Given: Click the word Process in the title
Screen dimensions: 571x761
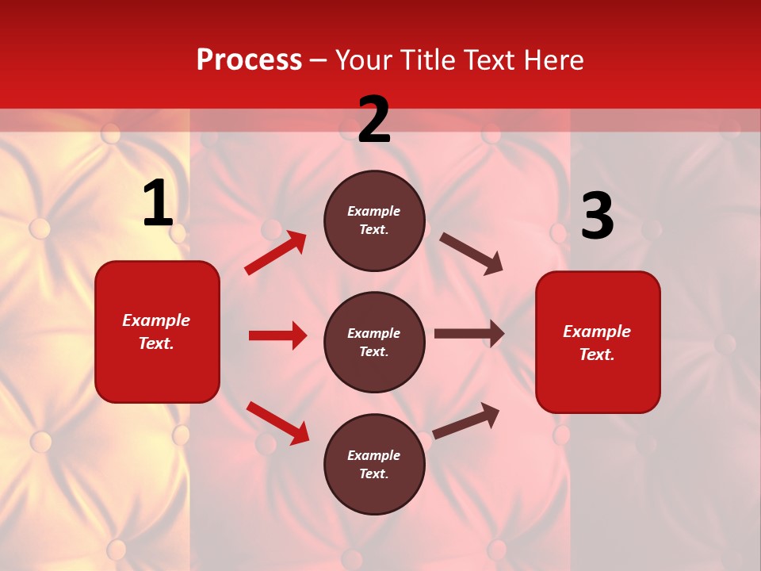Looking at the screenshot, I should (249, 60).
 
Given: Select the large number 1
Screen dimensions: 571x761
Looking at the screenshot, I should (158, 204).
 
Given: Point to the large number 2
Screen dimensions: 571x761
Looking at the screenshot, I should (374, 121).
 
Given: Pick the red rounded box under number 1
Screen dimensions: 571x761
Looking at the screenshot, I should (157, 331).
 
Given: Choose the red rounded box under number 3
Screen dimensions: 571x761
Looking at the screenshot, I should (598, 342).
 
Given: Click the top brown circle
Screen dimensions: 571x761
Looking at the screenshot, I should (374, 220).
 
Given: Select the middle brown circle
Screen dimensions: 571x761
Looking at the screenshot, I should (374, 342).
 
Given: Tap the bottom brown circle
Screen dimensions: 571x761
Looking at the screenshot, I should (374, 464).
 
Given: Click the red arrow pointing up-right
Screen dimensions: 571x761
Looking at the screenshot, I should (275, 253).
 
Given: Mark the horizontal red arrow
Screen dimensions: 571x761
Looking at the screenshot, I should (277, 335).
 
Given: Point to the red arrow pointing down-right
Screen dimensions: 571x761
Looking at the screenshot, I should (277, 422).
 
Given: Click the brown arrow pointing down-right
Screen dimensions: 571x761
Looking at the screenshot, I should (472, 254).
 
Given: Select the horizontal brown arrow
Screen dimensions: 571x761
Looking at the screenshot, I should (469, 334).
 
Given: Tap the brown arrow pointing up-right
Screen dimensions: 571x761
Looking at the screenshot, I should (466, 420).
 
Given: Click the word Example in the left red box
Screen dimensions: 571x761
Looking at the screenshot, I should (156, 320).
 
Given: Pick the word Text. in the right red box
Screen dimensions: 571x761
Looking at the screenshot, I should (597, 354).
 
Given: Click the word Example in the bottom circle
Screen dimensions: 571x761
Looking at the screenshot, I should (374, 455).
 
